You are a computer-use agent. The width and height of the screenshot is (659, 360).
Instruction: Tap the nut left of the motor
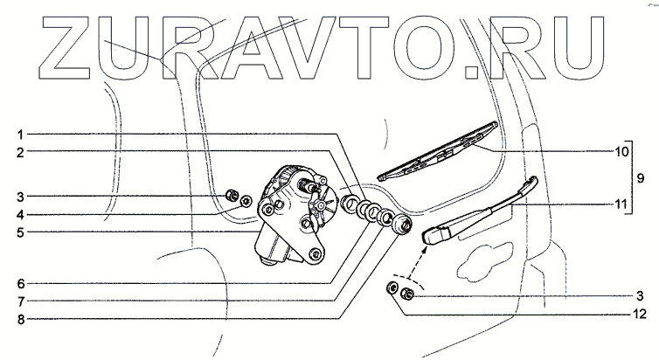232,195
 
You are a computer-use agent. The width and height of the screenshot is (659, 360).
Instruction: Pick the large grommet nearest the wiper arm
401,223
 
